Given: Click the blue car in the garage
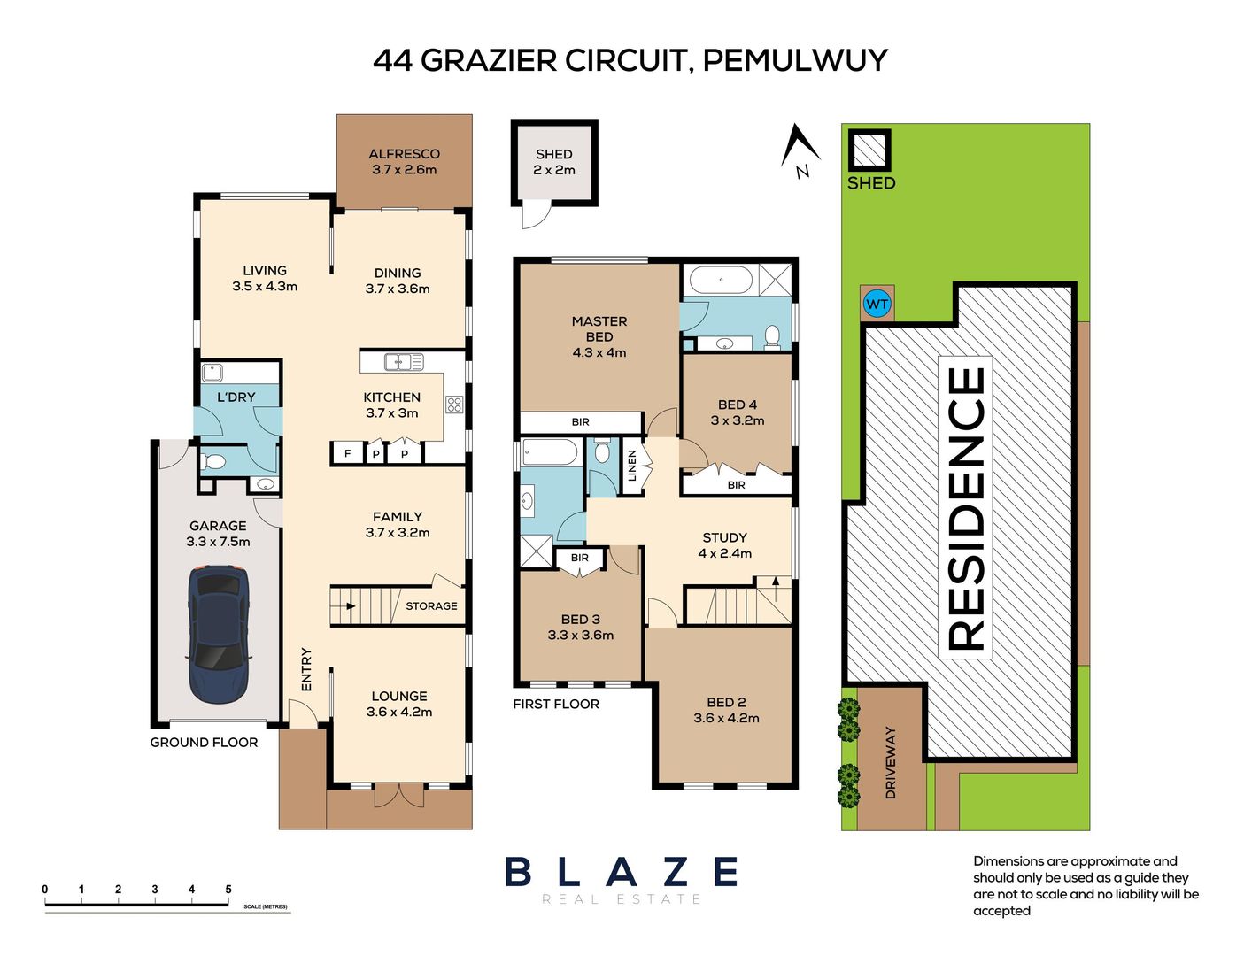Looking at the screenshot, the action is (x=219, y=633).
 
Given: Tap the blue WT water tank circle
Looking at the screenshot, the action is (x=877, y=304).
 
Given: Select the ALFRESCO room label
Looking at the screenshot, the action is (x=404, y=154).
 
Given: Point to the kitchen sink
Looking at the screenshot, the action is (x=404, y=361).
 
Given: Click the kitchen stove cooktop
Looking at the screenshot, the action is (x=454, y=405).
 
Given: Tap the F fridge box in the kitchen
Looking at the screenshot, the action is (x=347, y=454).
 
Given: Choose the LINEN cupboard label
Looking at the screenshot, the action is (x=632, y=466).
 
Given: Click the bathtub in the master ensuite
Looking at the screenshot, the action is (x=721, y=281).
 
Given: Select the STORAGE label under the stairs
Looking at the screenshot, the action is (x=431, y=605).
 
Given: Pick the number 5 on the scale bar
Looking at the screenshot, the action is (x=228, y=889).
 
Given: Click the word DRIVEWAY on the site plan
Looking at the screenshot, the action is (x=890, y=763).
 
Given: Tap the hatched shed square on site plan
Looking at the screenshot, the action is (x=869, y=150).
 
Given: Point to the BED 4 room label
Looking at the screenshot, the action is (x=738, y=405).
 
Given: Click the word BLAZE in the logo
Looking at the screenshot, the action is (x=622, y=872).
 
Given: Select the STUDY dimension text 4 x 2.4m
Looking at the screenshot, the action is (x=725, y=553).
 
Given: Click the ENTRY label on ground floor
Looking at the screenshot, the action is (x=306, y=669).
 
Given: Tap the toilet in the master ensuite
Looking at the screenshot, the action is (x=772, y=337).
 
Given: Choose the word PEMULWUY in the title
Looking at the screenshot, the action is (x=795, y=60).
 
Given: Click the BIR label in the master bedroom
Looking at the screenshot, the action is (x=581, y=422).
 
